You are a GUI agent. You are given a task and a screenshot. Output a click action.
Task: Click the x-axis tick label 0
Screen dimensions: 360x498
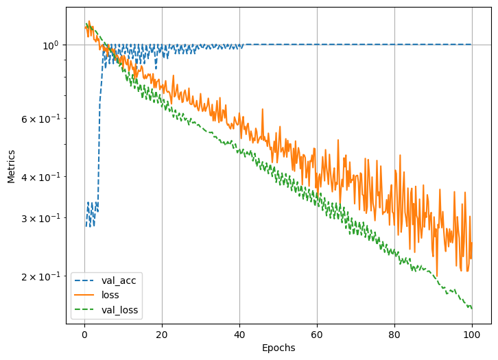tap(84, 333)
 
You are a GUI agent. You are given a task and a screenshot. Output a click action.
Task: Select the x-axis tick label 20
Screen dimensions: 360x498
tap(162, 333)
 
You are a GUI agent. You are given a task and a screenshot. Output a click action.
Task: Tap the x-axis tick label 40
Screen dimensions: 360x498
tap(239, 333)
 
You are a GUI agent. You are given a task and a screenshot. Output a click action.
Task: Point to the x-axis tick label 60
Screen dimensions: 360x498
tap(317, 333)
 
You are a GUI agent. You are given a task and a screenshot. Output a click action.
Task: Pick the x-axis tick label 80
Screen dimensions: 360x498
tap(394, 333)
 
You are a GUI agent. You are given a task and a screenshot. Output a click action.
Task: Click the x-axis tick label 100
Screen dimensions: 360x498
tap(471, 333)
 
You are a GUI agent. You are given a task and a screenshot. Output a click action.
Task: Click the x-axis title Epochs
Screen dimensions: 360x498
tap(278, 348)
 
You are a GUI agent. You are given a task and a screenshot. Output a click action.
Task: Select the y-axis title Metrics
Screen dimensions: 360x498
tap(11, 167)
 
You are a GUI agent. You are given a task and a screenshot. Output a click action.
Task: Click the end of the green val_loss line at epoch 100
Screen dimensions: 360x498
tap(471, 309)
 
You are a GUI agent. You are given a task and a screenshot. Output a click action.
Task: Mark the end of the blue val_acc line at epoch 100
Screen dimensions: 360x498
tap(471, 45)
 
